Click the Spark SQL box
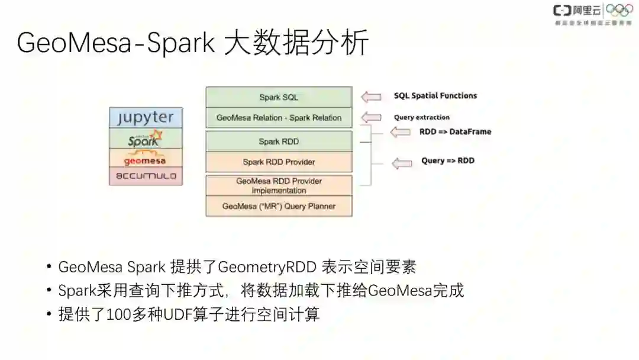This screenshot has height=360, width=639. click(x=279, y=97)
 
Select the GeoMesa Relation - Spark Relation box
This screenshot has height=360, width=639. click(x=279, y=117)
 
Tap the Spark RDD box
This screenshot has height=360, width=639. click(x=279, y=142)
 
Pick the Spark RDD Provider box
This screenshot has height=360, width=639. click(x=279, y=162)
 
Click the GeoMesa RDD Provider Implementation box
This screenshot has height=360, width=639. click(x=279, y=185)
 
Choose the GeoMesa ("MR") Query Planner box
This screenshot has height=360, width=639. click(x=279, y=206)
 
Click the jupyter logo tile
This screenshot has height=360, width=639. click(x=146, y=117)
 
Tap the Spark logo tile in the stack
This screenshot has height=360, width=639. click(x=146, y=139)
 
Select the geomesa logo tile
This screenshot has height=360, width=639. click(x=146, y=158)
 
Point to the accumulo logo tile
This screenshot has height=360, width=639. click(x=146, y=176)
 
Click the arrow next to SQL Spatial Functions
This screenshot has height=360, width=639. click(x=372, y=97)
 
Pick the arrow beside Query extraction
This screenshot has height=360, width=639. click(x=372, y=117)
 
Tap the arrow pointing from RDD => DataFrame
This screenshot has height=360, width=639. click(x=401, y=132)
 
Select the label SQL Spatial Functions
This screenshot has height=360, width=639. click(x=435, y=96)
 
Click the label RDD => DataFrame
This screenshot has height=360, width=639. click(x=455, y=132)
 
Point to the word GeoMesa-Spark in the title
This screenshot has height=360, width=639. click(x=116, y=43)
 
